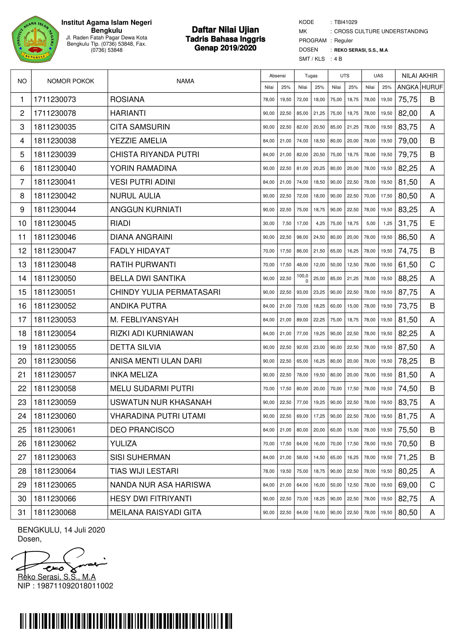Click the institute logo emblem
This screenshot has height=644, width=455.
(35, 39)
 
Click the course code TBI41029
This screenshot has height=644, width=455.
(345, 22)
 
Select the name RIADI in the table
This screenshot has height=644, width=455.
(120, 223)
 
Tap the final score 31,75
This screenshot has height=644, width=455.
(408, 224)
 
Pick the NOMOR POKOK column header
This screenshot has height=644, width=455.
(70, 81)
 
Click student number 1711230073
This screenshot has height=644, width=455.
(55, 100)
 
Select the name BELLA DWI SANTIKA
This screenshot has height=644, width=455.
(148, 279)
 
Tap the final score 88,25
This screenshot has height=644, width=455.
(408, 279)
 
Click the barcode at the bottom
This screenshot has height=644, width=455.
(126, 621)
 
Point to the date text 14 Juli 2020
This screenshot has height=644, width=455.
(85, 530)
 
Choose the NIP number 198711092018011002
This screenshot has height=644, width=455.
(75, 586)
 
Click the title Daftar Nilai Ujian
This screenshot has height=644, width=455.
(225, 30)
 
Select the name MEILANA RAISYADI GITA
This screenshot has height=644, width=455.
(156, 512)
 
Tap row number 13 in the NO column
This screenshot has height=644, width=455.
(22, 265)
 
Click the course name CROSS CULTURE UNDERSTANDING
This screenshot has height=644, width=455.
(381, 31)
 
